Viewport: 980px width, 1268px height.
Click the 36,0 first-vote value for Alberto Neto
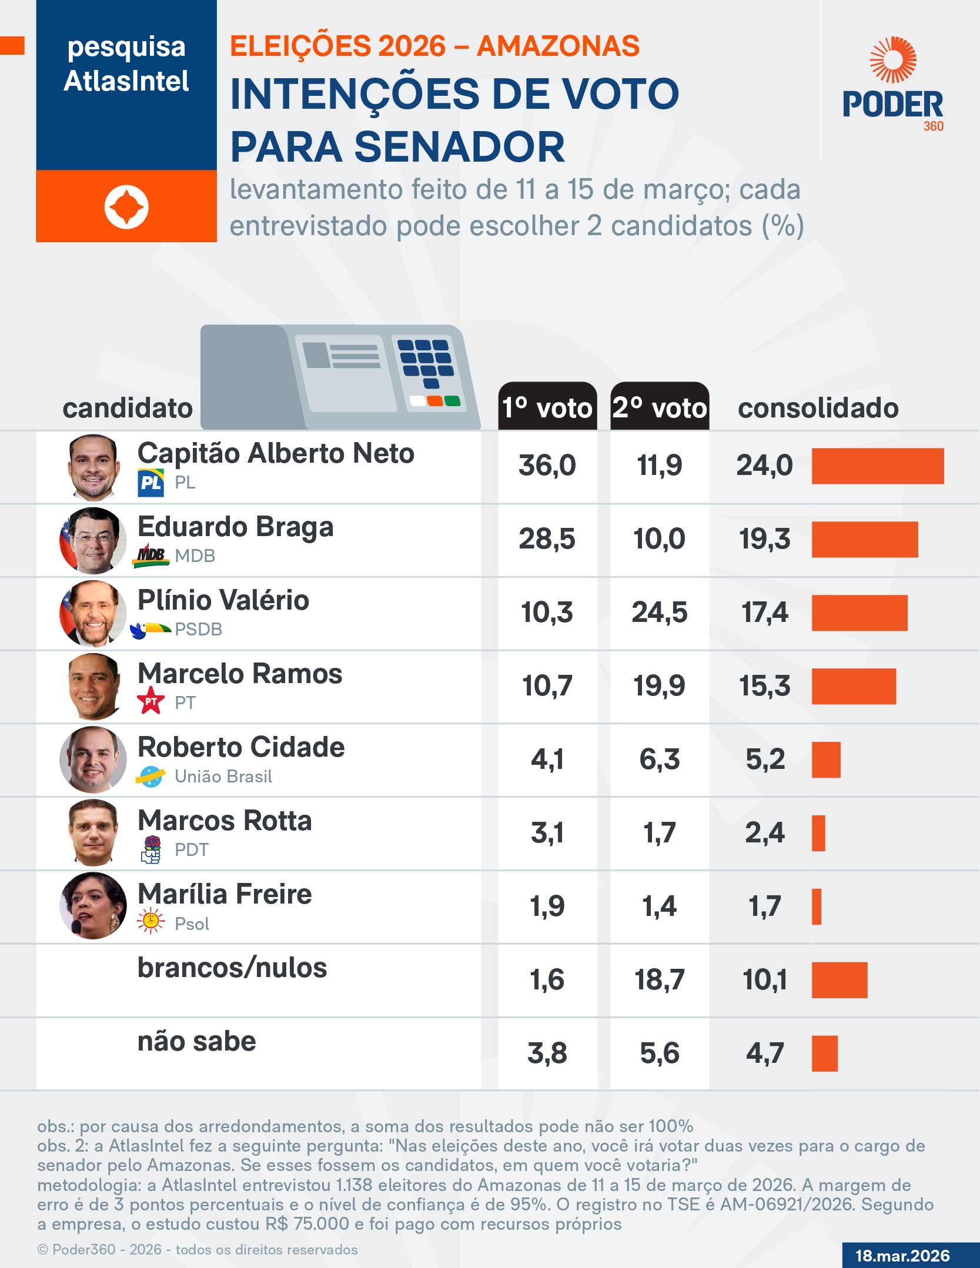pyautogui.click(x=547, y=466)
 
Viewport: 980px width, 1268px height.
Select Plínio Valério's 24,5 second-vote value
pyautogui.click(x=659, y=613)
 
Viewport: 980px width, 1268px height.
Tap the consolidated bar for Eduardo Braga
pyautogui.click(x=864, y=539)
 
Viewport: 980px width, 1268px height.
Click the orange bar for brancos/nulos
pyautogui.click(x=839, y=980)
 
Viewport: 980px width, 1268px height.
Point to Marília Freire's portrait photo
pyautogui.click(x=93, y=906)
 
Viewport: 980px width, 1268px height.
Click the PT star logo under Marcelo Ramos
pyautogui.click(x=150, y=701)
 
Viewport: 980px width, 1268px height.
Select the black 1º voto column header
pyautogui.click(x=547, y=407)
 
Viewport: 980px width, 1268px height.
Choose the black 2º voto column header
pyautogui.click(x=659, y=407)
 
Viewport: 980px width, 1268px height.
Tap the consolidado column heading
pyautogui.click(x=818, y=408)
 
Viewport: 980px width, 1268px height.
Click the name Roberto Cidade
pyautogui.click(x=241, y=747)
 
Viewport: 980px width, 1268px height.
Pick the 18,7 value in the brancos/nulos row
pyautogui.click(x=659, y=980)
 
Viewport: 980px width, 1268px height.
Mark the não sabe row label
pyautogui.click(x=196, y=1042)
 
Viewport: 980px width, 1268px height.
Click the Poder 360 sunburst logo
pyautogui.click(x=893, y=60)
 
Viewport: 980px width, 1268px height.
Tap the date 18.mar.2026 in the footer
pyautogui.click(x=902, y=1256)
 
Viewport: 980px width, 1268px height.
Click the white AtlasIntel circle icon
pyautogui.click(x=126, y=207)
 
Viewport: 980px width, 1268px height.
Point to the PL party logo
pyautogui.click(x=150, y=483)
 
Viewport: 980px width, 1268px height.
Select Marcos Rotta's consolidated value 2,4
pyautogui.click(x=764, y=833)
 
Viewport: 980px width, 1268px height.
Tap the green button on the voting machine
pyautogui.click(x=452, y=401)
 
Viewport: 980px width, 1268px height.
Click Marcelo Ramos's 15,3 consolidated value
pyautogui.click(x=764, y=686)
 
